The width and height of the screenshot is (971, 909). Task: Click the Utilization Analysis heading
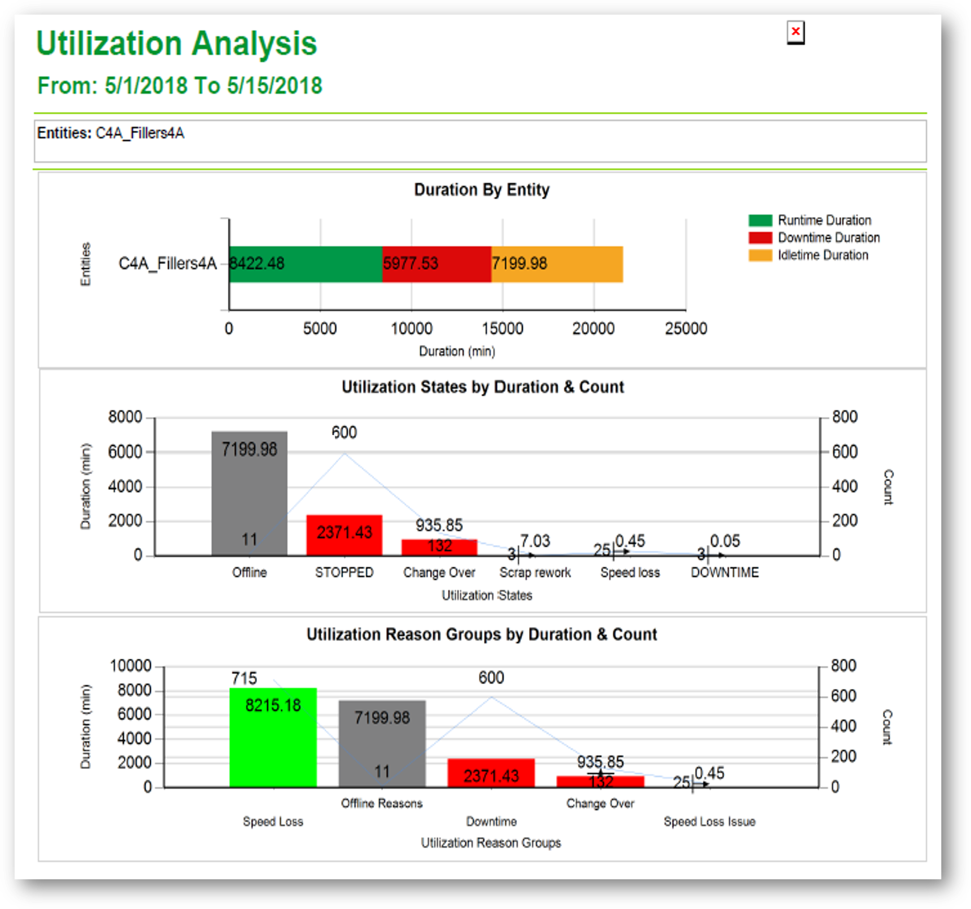(x=176, y=43)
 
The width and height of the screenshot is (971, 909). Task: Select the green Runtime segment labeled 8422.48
(x=305, y=264)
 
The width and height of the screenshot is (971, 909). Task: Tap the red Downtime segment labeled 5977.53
(x=437, y=264)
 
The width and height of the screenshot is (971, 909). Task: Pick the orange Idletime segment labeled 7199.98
(x=557, y=264)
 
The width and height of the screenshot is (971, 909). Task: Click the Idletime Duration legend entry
(x=822, y=255)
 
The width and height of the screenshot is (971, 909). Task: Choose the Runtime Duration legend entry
(x=824, y=220)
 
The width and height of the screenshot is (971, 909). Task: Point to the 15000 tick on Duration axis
(x=503, y=328)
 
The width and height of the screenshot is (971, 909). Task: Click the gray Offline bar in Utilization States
(x=249, y=493)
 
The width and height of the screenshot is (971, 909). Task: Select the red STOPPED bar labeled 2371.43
(x=345, y=535)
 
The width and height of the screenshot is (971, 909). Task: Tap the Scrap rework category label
(x=535, y=573)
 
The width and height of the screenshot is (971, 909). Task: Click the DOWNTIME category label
(x=724, y=573)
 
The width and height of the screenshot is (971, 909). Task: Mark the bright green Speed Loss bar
(x=273, y=738)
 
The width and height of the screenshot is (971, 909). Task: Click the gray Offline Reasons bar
(x=382, y=744)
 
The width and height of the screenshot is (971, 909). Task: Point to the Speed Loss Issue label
(x=709, y=822)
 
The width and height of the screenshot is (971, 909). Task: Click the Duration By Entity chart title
(x=482, y=190)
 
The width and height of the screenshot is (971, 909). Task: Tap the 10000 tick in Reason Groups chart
(x=130, y=666)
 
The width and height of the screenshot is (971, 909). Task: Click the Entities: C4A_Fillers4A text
(x=111, y=133)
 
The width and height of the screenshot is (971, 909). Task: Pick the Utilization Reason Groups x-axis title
(x=491, y=843)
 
